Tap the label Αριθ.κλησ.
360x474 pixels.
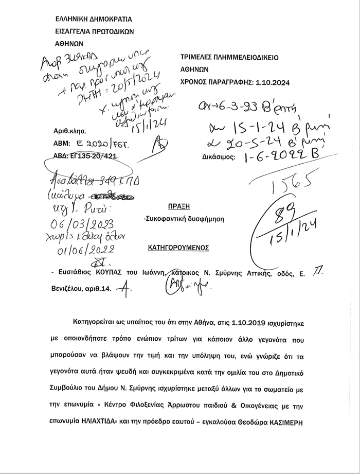click(x=69, y=131)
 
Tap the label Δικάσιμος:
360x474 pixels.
click(x=216, y=156)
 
